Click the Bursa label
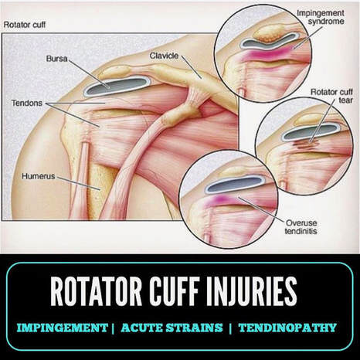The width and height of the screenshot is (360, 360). tap(56, 59)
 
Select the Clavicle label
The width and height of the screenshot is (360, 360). tap(164, 56)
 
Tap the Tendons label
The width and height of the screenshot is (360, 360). tap(27, 103)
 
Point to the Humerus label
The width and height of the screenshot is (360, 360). tap(39, 176)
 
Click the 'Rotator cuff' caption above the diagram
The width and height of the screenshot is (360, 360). tap(25, 25)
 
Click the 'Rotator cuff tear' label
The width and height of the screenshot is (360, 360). tap(331, 96)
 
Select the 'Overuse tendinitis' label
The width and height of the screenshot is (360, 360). tap(301, 227)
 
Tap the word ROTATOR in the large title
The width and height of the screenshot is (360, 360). tap(96, 291)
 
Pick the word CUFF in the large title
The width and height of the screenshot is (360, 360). tap(175, 291)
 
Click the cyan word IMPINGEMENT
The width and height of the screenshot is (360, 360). tap(62, 328)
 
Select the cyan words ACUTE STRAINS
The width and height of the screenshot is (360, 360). tap(172, 328)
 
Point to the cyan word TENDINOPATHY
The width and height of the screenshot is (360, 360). tap(287, 328)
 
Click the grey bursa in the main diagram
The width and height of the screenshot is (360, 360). tap(117, 86)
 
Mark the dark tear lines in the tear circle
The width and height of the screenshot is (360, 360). tap(307, 144)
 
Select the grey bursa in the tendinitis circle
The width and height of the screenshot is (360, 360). tap(235, 185)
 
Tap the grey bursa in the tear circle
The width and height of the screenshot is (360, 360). tap(311, 132)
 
